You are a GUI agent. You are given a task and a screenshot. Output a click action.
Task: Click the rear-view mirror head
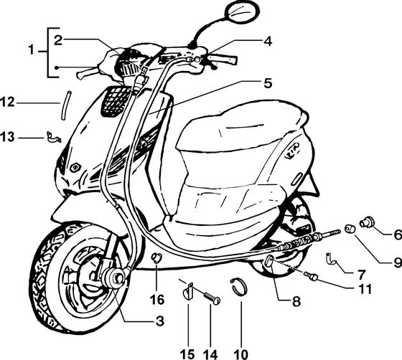242,14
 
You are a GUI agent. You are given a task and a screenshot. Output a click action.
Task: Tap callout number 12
7,103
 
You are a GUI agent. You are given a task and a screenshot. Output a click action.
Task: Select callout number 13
7,137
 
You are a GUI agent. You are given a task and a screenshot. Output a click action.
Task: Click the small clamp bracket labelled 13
53,137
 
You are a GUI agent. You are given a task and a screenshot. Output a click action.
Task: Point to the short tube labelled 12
65,105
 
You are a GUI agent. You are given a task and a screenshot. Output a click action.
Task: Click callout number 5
268,83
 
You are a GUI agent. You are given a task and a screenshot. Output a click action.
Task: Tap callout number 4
268,42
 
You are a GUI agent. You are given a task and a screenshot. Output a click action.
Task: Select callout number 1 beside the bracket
32,50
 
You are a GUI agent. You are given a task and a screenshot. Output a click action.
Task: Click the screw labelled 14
212,298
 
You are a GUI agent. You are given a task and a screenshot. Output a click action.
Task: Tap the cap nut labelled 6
366,222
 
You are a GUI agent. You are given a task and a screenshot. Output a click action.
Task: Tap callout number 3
159,321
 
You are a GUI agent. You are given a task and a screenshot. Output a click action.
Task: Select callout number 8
296,302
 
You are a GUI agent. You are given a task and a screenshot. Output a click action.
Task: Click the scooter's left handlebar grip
87,72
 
